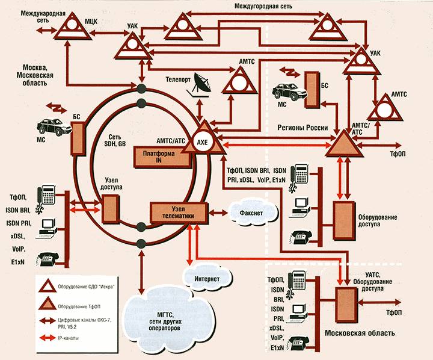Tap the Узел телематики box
[179, 211]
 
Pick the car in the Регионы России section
[286, 91]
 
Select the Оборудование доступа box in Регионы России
[344, 214]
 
